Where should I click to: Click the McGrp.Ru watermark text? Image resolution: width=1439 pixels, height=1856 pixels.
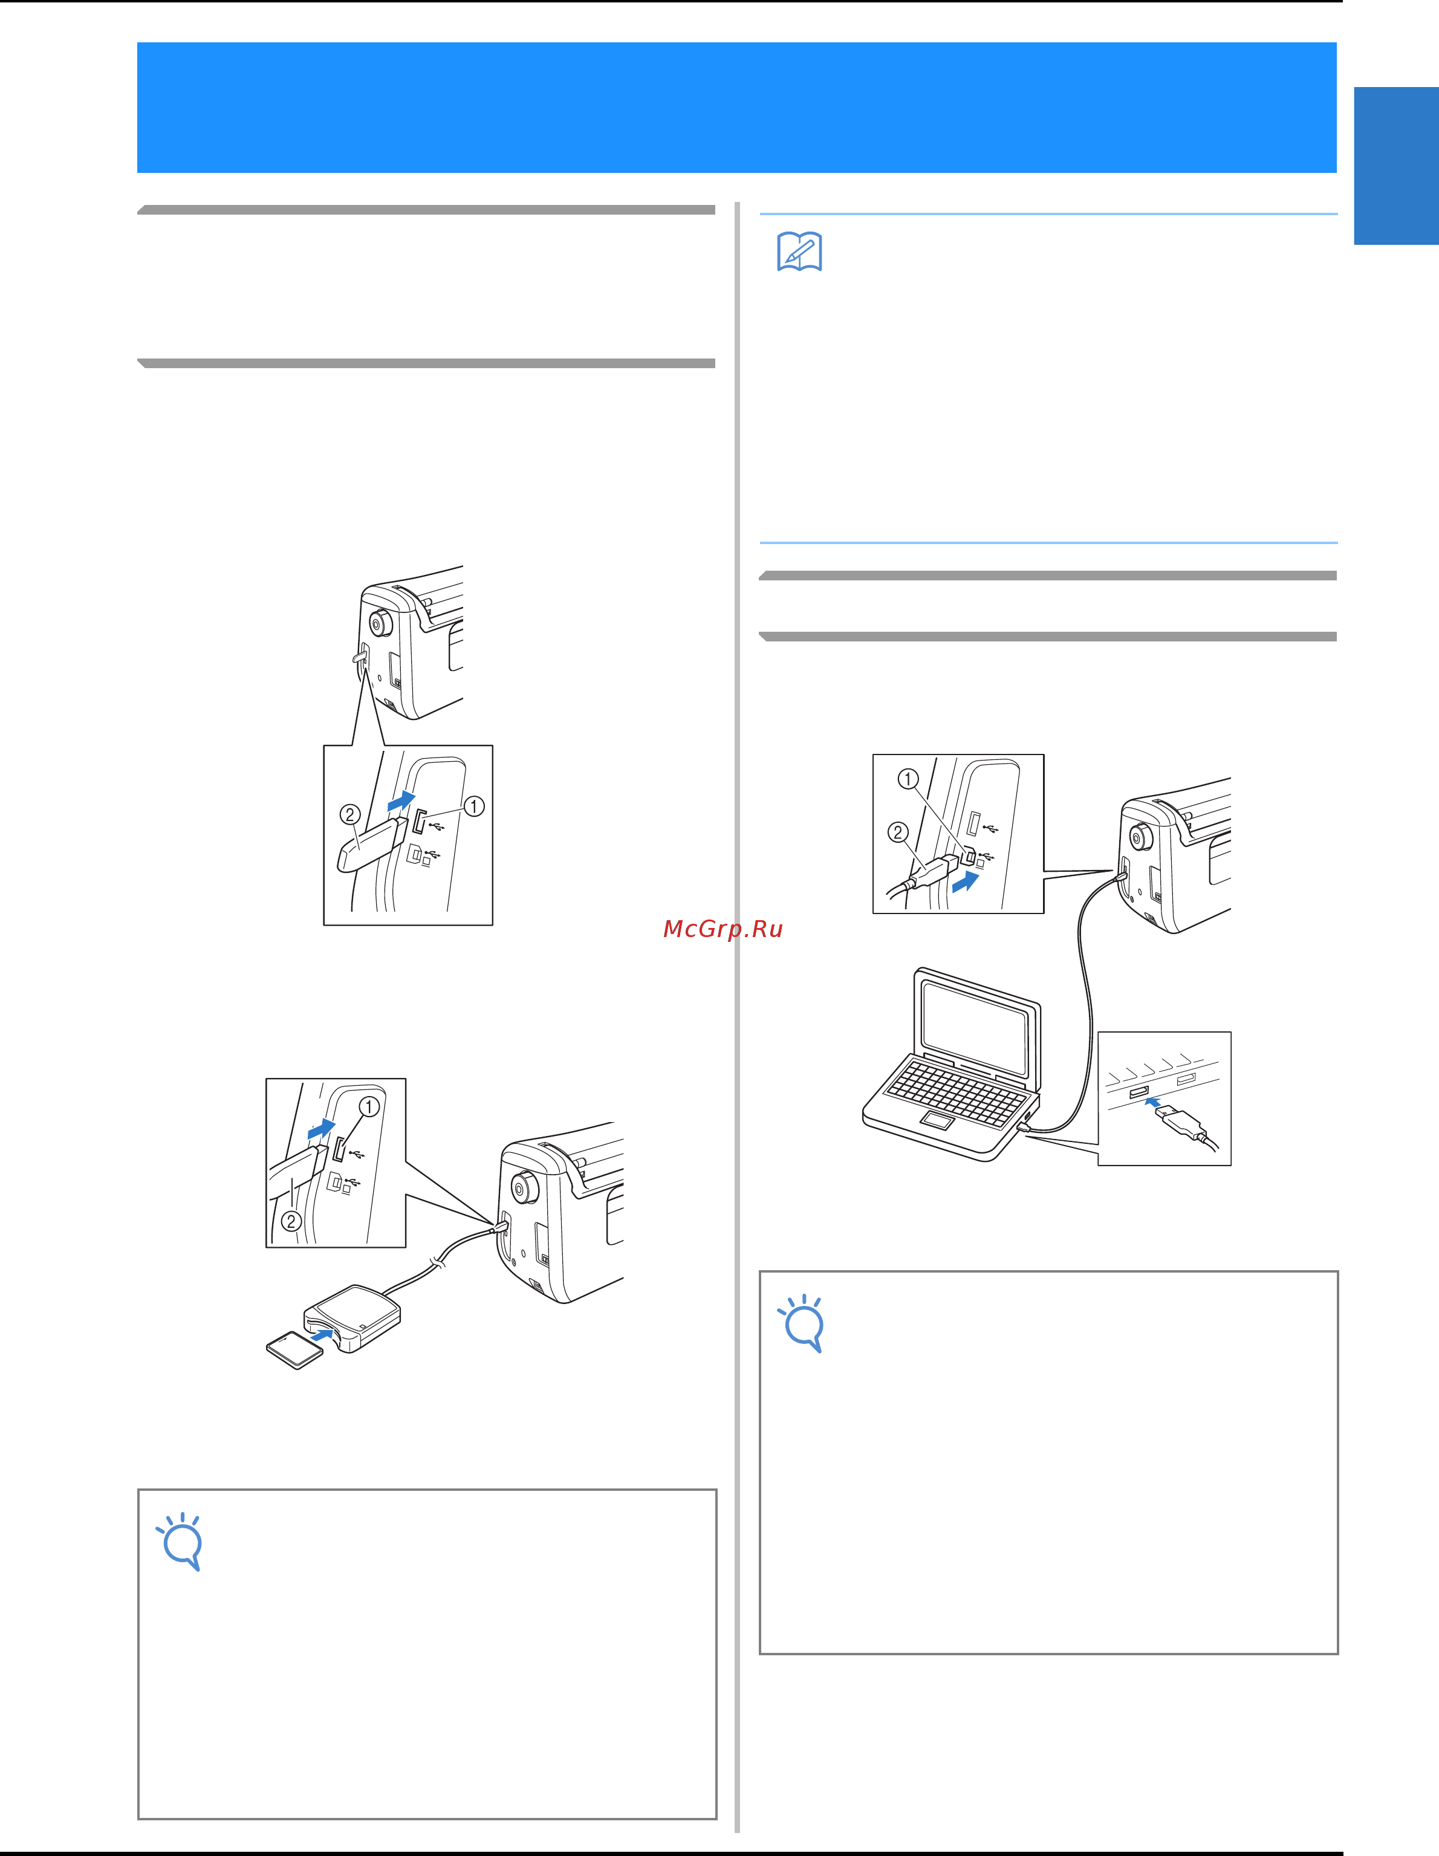click(x=723, y=929)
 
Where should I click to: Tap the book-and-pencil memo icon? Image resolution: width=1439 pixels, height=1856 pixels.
click(x=799, y=251)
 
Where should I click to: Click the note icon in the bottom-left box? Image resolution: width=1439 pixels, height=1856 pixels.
click(x=180, y=1542)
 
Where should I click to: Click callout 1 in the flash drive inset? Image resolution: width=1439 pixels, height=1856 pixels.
click(x=473, y=806)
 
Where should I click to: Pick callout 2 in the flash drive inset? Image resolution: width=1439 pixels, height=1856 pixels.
click(x=349, y=814)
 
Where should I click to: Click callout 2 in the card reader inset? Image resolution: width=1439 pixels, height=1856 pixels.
click(x=291, y=1221)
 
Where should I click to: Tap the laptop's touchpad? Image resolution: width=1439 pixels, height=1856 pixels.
click(x=937, y=1121)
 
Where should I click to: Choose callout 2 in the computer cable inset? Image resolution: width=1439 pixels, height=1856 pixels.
click(x=898, y=832)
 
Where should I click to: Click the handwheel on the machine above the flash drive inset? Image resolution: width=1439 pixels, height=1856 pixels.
click(x=379, y=623)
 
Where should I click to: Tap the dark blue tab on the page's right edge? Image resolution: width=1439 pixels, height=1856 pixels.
click(x=1397, y=166)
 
